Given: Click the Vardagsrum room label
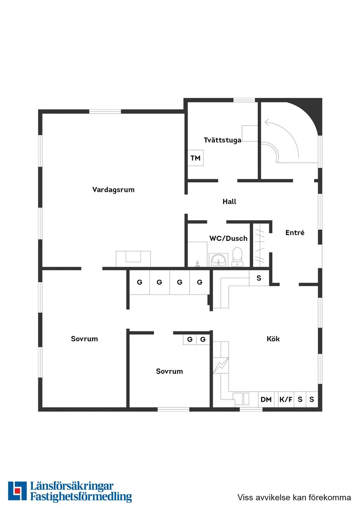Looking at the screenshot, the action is point(113,190).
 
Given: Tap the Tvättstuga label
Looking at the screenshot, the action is point(223,140).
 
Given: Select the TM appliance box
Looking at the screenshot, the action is point(195,158).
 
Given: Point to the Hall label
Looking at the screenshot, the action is point(230,202).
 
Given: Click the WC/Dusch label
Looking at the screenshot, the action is point(228,238).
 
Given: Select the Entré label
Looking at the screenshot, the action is point(295,232).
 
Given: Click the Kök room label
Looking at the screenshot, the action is point(273,338).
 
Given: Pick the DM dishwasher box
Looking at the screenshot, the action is point(267,399).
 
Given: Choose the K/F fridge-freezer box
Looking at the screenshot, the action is point(286,399).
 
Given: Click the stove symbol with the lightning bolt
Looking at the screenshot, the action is point(221,366).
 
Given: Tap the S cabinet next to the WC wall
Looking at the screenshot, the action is point(259,278).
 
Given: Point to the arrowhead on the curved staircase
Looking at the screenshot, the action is point(267,123).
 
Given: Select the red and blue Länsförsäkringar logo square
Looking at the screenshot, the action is point(17,491).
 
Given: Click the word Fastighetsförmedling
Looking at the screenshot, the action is point(81,497).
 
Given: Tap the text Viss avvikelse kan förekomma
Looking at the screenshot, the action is point(294,497).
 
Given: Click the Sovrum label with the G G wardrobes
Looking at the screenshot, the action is point(169,371).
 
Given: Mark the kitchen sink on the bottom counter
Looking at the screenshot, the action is point(241,399).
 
